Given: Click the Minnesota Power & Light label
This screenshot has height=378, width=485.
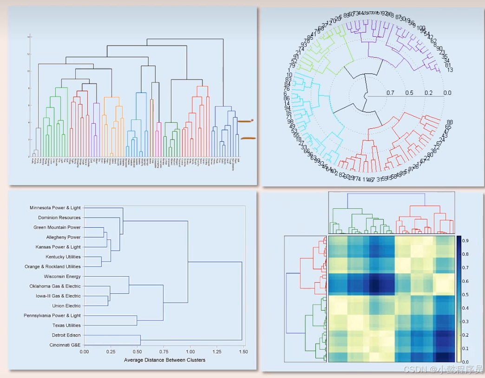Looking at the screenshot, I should point(55,208).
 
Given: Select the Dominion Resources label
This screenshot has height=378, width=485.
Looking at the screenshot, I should point(59,218).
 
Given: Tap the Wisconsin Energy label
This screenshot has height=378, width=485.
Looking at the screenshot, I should point(62,277).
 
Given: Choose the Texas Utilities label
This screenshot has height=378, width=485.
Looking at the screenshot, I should point(66,325).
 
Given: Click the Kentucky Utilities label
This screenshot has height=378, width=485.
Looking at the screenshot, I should point(63,257).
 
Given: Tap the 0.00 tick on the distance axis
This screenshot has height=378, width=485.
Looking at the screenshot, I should point(84,352).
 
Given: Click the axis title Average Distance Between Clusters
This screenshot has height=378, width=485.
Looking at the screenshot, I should point(164,360).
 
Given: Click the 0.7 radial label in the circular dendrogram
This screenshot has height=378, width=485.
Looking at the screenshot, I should point(390,93).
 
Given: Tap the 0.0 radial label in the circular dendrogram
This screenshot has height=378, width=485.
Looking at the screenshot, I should point(447,93).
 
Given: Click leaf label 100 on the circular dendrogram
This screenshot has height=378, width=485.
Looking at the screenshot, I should point(421,28).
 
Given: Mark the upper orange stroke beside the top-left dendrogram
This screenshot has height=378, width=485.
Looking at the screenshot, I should point(245,121).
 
